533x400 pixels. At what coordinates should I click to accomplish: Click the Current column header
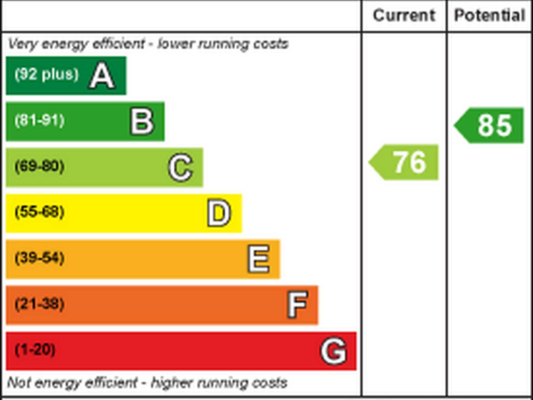404,15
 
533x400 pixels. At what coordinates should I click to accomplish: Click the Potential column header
489,15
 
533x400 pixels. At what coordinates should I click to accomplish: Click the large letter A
102,76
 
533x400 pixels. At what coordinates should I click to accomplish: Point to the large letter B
142,121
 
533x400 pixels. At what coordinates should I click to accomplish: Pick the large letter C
181,167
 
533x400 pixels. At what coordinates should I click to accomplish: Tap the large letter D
219,213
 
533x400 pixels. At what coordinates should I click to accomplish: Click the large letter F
298,305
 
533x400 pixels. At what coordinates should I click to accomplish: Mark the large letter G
334,351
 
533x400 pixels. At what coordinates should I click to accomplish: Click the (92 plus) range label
47,74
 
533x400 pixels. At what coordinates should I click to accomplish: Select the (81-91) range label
40,120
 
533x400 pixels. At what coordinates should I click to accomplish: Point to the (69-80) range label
40,166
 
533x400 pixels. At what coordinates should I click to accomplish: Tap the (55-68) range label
40,212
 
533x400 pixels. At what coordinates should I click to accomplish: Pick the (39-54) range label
40,258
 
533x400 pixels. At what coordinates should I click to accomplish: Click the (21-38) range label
40,304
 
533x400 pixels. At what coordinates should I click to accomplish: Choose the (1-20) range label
35,350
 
